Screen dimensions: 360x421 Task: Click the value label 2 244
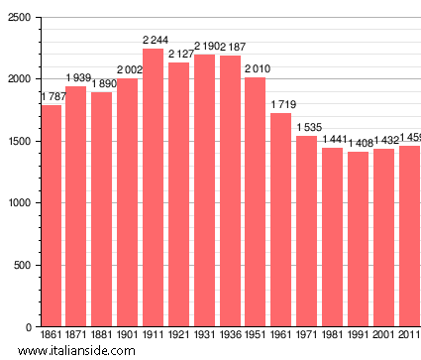pyautogui.click(x=154, y=41)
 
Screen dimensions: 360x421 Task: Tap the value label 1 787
pyautogui.click(x=53, y=96)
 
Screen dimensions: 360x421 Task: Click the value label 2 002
pyautogui.click(x=131, y=69)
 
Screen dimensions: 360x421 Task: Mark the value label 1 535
pyautogui.click(x=308, y=128)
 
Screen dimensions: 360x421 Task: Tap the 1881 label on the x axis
pyautogui.click(x=102, y=335)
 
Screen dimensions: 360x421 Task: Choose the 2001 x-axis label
pyautogui.click(x=384, y=335)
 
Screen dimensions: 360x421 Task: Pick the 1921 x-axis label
pyautogui.click(x=179, y=335)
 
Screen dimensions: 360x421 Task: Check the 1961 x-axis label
pyautogui.click(x=281, y=335)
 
